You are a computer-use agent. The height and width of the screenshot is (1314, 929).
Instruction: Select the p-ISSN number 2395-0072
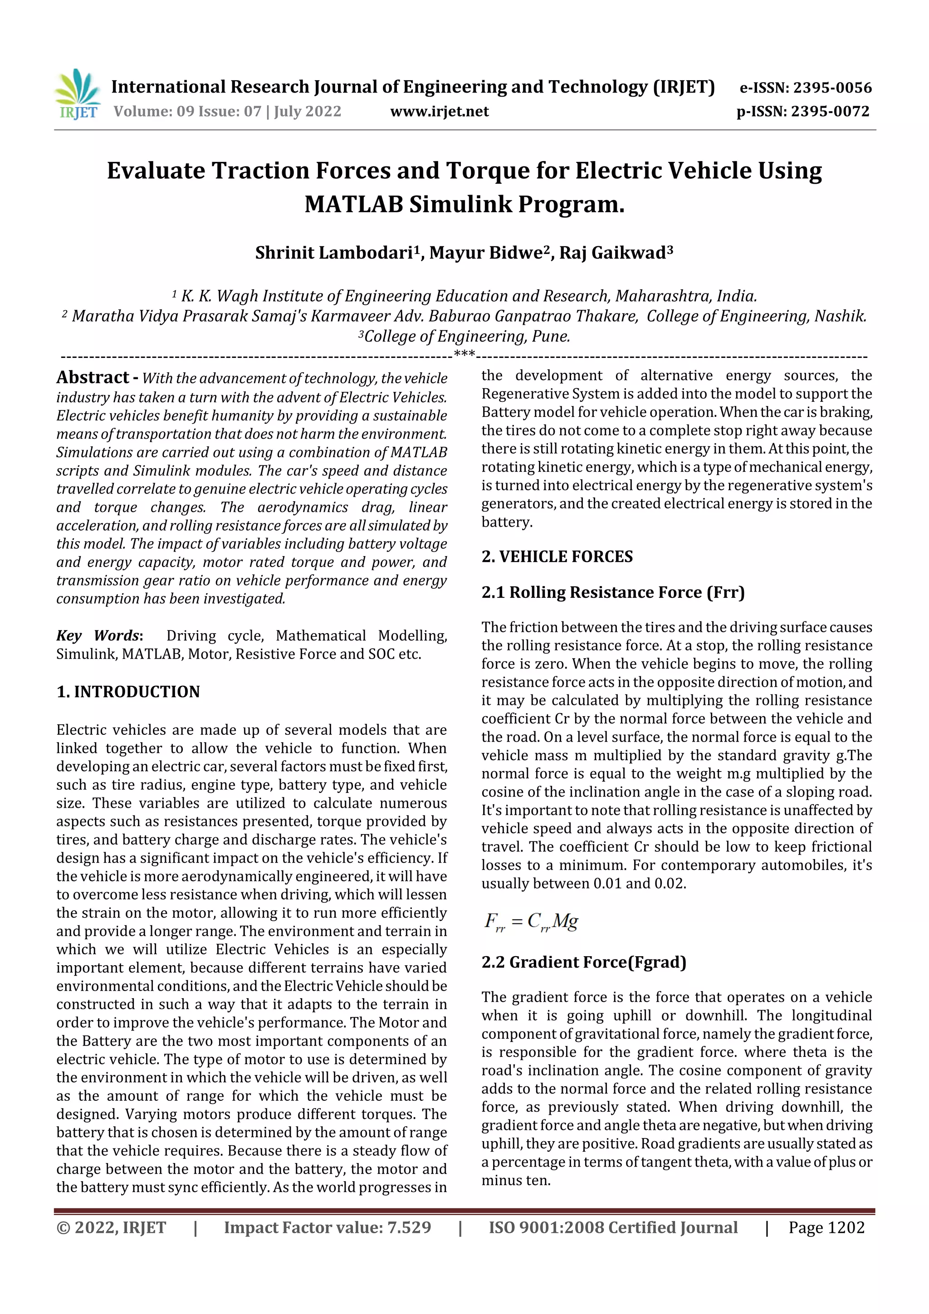coord(830,111)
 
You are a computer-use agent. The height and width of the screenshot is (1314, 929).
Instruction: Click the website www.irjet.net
coord(439,111)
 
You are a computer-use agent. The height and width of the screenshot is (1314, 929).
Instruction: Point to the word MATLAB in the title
coord(353,204)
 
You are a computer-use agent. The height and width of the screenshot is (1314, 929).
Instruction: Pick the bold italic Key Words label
coord(98,635)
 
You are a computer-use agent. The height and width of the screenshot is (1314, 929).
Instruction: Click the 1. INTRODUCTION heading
coord(128,691)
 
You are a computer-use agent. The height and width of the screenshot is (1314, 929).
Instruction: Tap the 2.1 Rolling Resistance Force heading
coord(612,592)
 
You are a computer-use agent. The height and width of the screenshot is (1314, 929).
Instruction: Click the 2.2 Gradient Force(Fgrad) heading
coord(583,962)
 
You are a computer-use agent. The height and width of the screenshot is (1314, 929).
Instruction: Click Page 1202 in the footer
coord(826,1227)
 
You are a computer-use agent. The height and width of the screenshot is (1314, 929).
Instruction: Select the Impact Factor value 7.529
coord(327,1227)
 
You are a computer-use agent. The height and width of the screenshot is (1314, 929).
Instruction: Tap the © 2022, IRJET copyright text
coord(111,1227)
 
